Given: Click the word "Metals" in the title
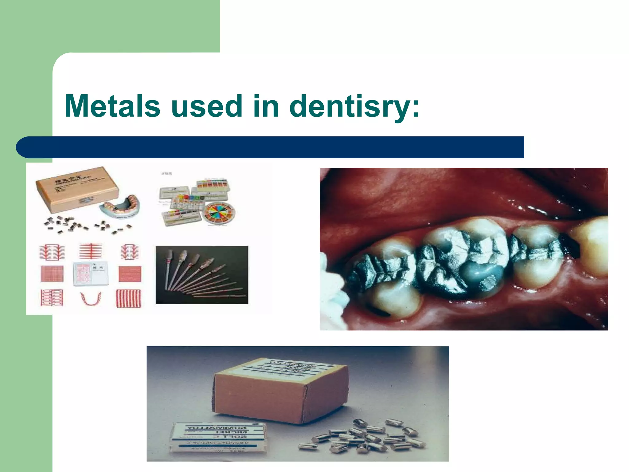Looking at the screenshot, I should pyautogui.click(x=112, y=106).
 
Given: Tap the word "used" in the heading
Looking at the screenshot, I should pyautogui.click(x=207, y=106).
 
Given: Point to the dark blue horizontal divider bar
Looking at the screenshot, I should pyautogui.click(x=270, y=147).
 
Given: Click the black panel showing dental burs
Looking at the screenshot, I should pyautogui.click(x=202, y=275).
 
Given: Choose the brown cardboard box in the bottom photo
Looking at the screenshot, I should pyautogui.click(x=279, y=392).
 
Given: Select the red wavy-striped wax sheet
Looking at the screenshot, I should pyautogui.click(x=129, y=298).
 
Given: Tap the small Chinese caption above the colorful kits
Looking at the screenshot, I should pyautogui.click(x=167, y=174).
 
